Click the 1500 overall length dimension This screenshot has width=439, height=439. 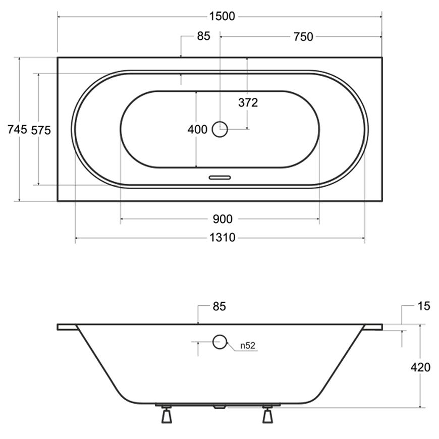pos(222,17)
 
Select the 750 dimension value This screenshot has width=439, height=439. pos(303,37)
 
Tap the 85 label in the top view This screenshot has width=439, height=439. pos(203,36)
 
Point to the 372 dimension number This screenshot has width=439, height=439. pos(248,103)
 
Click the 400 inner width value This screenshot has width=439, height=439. pos(197,129)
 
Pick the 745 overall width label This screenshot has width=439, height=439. pos(17,129)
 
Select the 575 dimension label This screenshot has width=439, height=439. pos(41,130)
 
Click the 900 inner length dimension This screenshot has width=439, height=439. pos(223,219)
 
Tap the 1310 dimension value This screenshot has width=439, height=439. pos(223,238)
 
